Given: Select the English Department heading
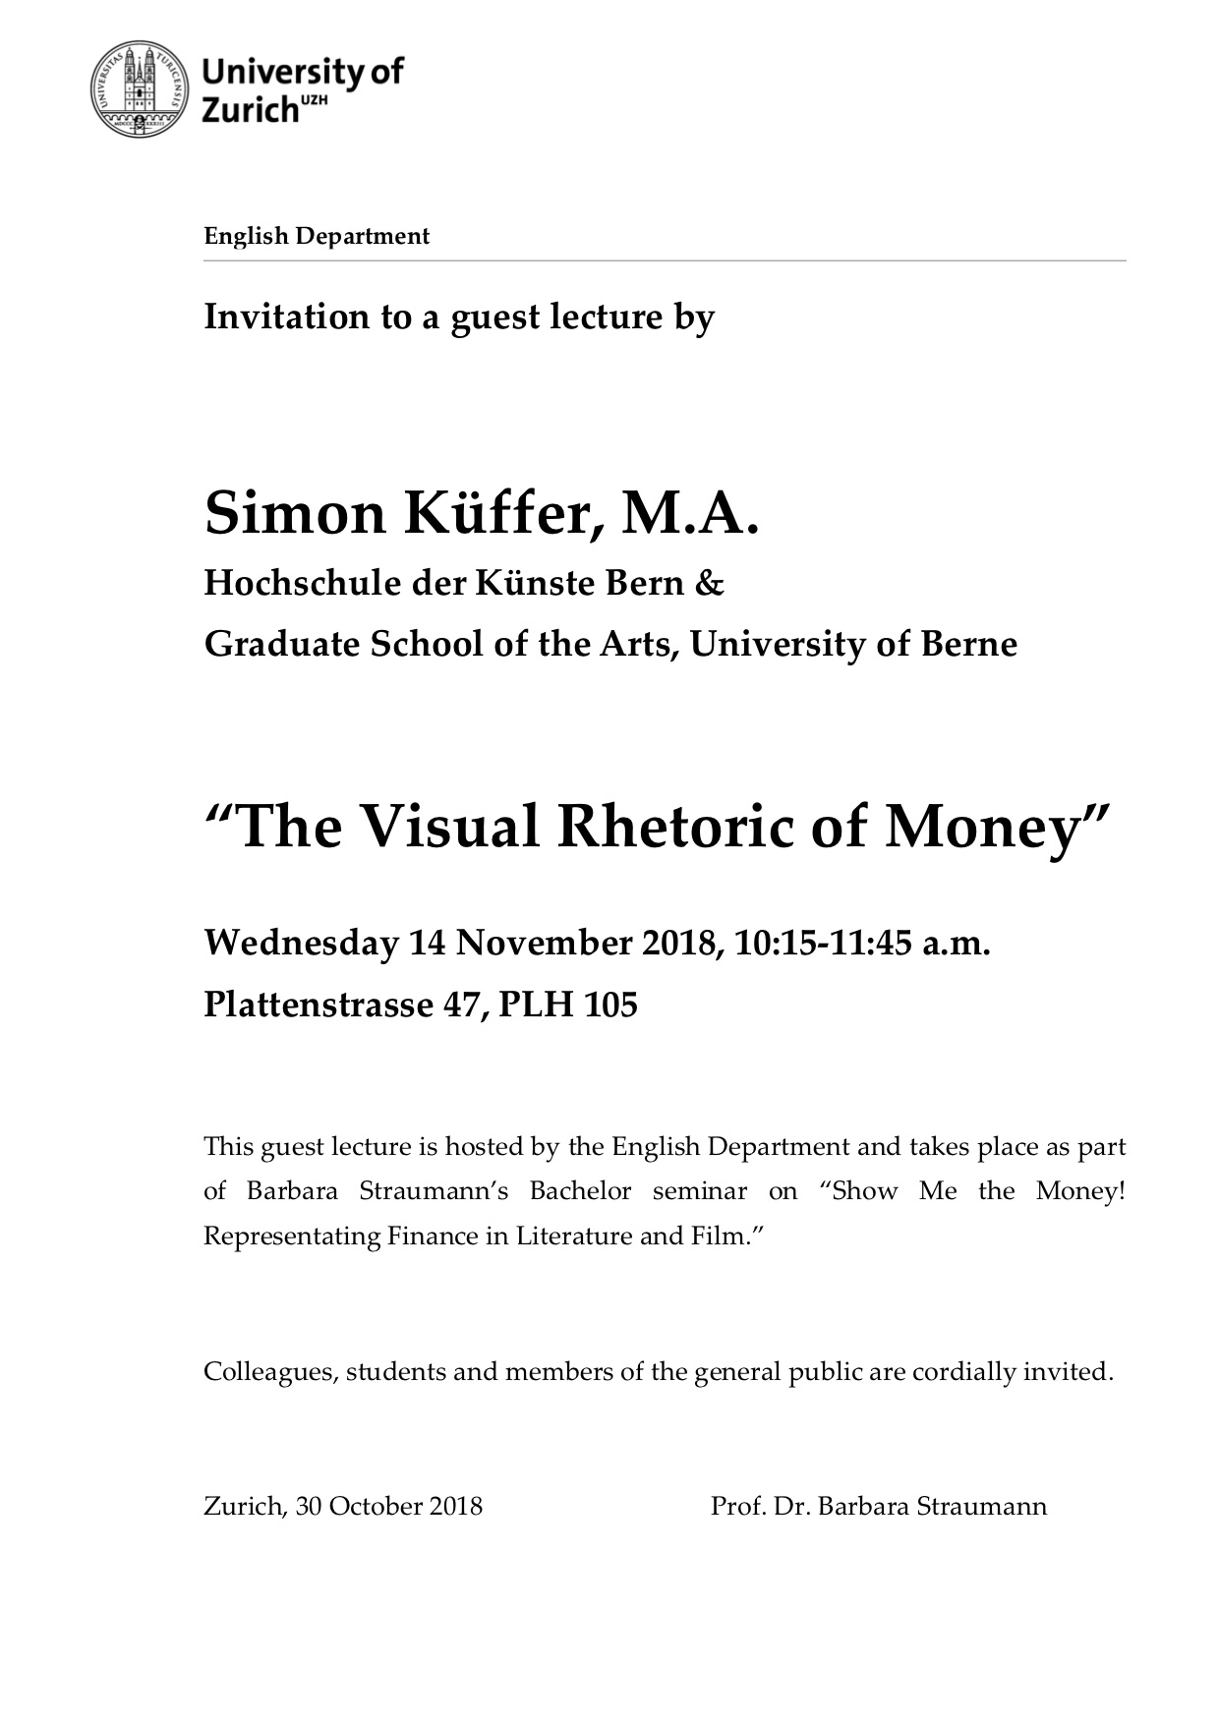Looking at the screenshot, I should tap(317, 236).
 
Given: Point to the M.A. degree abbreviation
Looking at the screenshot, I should tap(689, 515).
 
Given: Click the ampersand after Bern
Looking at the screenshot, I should tap(710, 584).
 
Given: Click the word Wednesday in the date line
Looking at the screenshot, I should tap(299, 944).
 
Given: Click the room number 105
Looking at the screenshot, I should tap(611, 1006).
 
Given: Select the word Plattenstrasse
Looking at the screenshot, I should tap(316, 1006).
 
